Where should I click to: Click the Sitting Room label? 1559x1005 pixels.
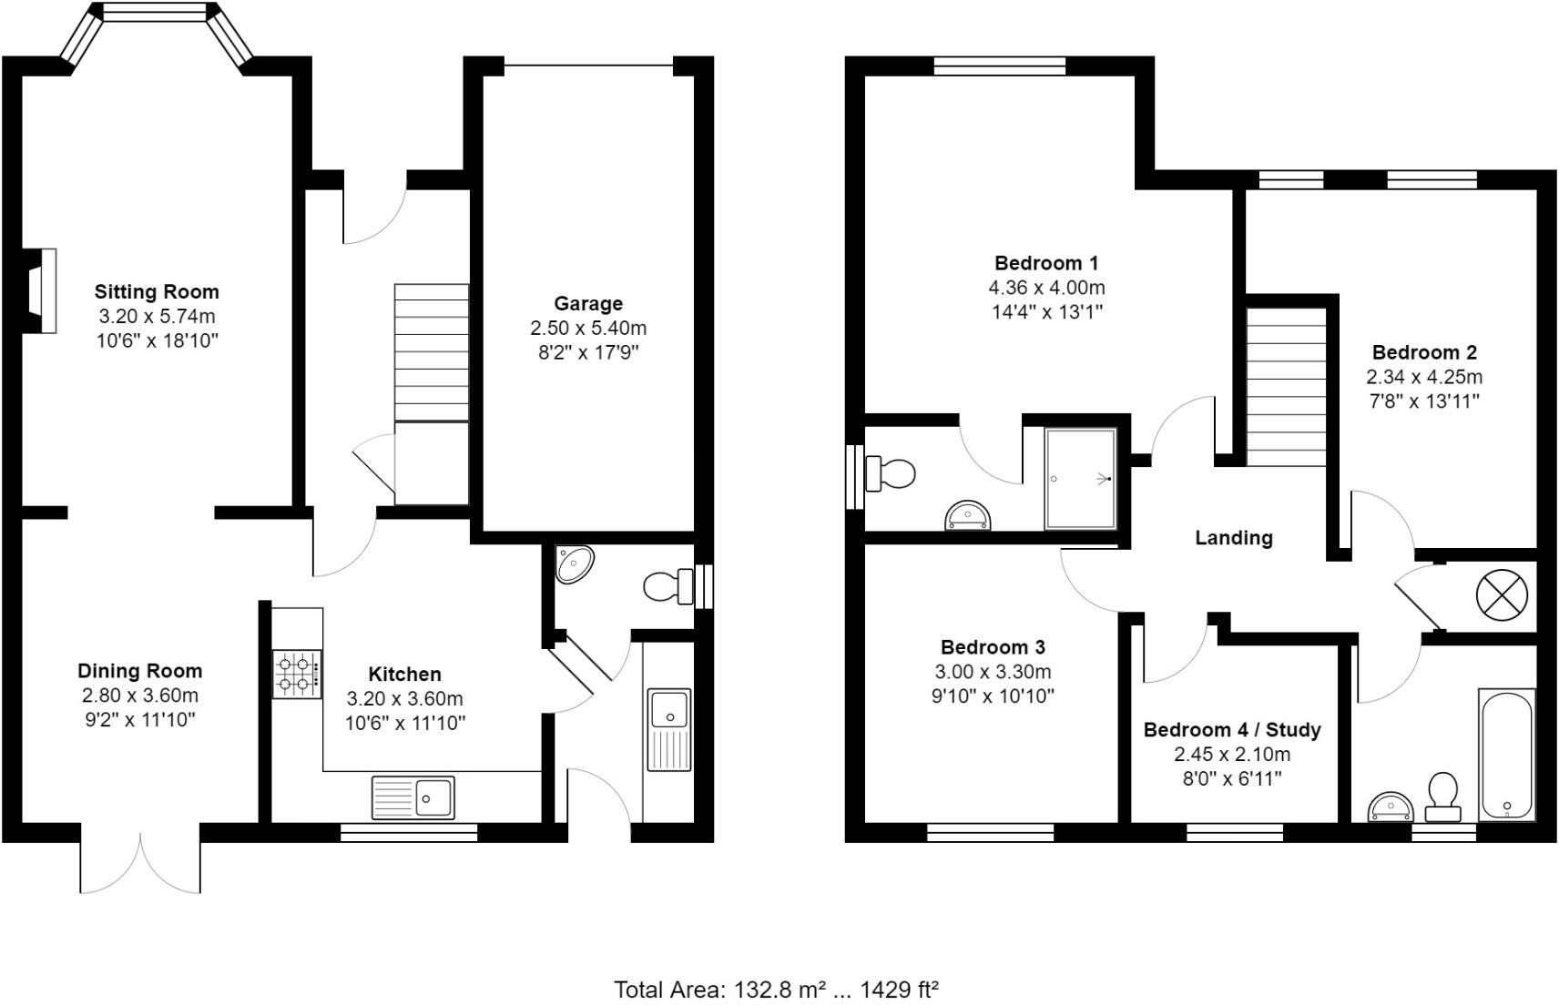[157, 291]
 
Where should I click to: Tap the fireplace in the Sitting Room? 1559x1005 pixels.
[40, 289]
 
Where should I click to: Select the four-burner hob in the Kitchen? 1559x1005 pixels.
[297, 675]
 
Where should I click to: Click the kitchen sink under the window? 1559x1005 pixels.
[413, 797]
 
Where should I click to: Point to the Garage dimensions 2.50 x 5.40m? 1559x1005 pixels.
[588, 328]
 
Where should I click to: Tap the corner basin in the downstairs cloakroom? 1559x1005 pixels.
[575, 563]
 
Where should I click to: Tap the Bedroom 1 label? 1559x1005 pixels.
[1046, 263]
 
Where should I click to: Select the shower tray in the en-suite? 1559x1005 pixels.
[1080, 479]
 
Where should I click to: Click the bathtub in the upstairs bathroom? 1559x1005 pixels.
[1507, 755]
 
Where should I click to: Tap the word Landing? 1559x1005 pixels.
[1233, 538]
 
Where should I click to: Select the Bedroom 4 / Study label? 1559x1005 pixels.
[1231, 729]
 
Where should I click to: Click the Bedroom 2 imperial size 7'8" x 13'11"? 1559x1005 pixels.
[1423, 401]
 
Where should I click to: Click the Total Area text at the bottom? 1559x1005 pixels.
[776, 989]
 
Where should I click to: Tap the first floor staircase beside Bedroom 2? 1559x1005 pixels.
[1285, 387]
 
